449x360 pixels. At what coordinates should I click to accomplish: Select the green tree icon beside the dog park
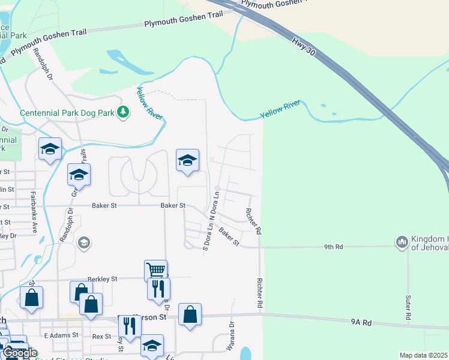123,112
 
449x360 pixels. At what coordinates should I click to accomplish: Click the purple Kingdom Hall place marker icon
402,242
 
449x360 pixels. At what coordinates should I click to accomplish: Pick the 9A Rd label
362,322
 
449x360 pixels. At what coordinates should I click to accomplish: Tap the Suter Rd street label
408,307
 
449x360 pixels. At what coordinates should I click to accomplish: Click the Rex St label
102,337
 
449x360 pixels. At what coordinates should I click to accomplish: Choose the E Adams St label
61,334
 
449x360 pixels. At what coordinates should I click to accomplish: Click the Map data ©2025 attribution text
423,355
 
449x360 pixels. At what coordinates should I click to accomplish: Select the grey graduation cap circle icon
83,242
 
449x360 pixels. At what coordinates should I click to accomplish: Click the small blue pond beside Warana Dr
245,353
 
